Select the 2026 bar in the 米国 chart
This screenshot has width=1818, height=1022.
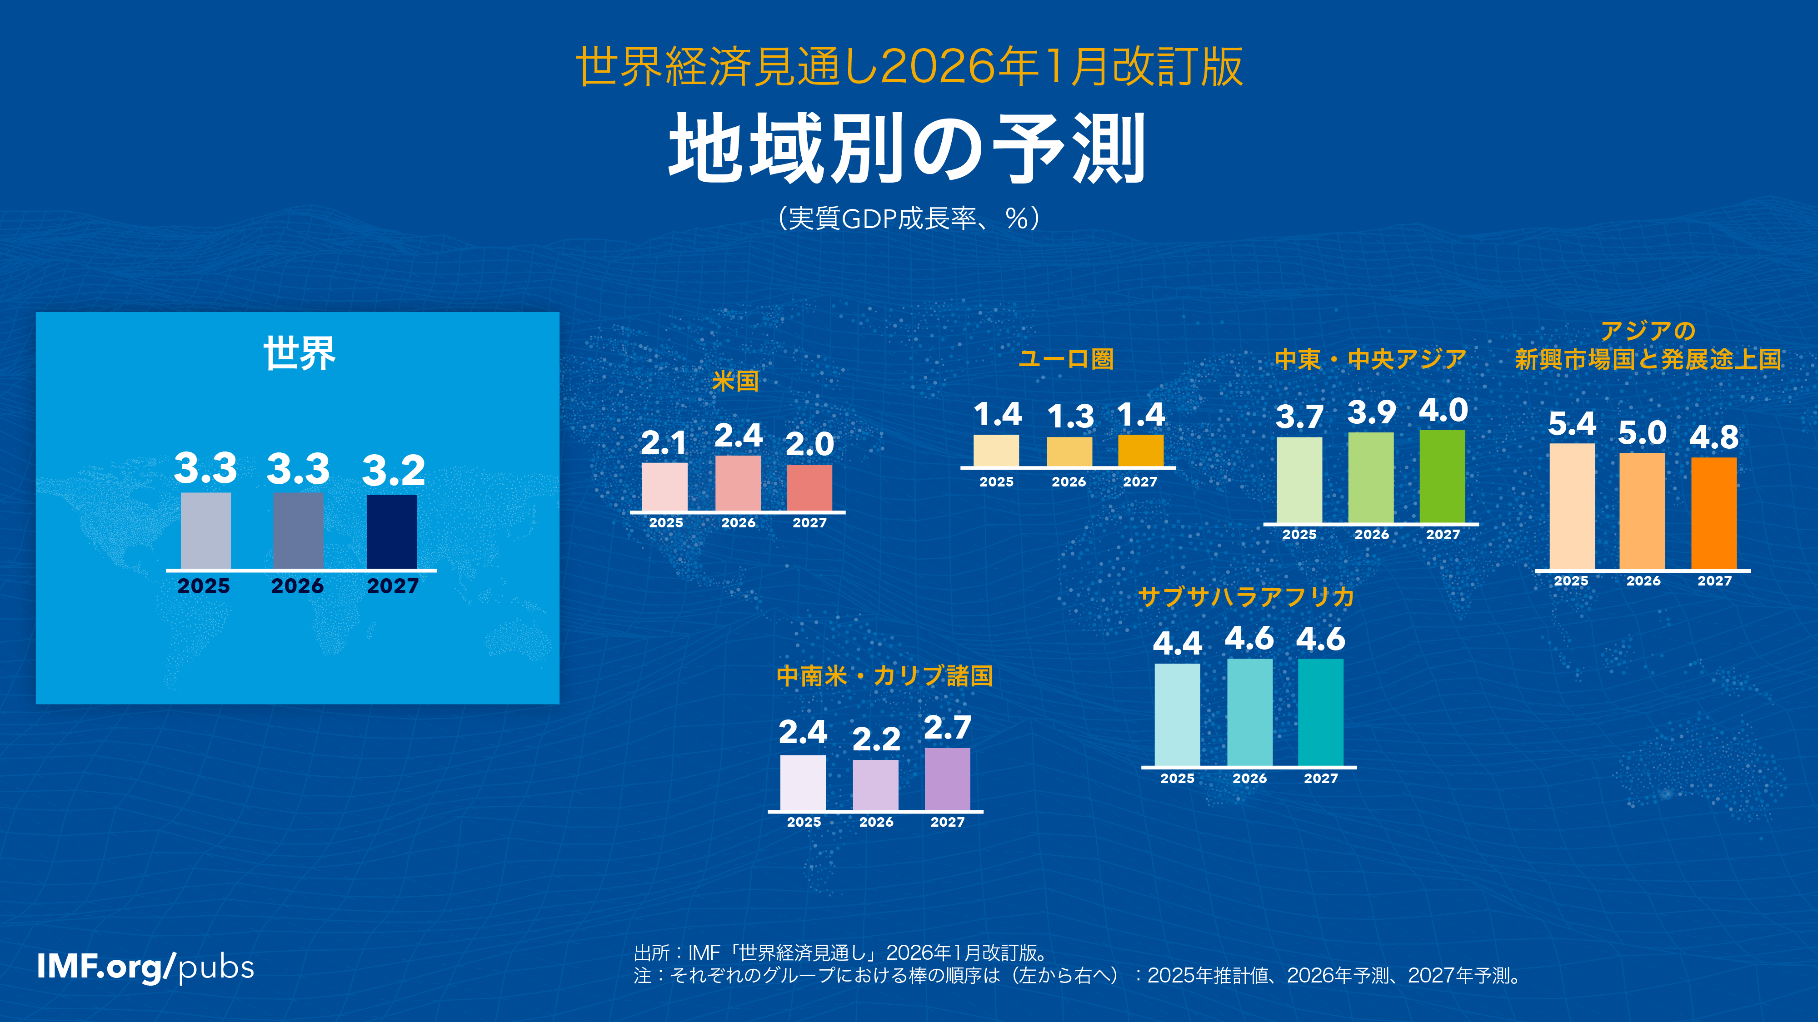click(x=738, y=483)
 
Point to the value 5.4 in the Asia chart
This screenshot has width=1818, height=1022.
click(x=1572, y=424)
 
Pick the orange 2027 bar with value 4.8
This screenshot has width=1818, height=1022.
click(x=1713, y=513)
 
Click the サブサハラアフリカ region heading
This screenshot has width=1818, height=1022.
click(x=1246, y=597)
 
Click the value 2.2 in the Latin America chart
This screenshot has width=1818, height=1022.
click(x=876, y=739)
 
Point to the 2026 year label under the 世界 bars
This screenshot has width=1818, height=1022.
click(x=297, y=586)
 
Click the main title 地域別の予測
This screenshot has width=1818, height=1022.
click(x=908, y=149)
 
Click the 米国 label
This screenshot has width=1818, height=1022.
click(x=734, y=381)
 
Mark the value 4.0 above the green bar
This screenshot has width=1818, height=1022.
click(x=1443, y=411)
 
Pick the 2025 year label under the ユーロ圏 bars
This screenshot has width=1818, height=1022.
click(x=996, y=482)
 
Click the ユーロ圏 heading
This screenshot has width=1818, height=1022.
click(x=1066, y=358)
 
